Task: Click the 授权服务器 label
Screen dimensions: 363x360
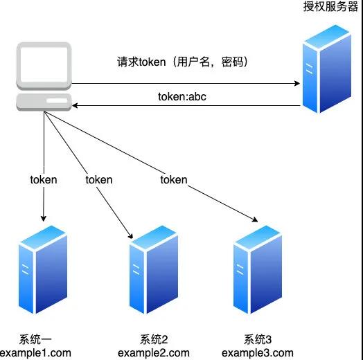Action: click(330, 6)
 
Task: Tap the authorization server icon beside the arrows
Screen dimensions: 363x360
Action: click(327, 69)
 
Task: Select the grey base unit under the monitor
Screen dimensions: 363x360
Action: click(44, 102)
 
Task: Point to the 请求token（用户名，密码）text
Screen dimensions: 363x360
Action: click(182, 62)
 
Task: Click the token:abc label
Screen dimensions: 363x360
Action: click(182, 97)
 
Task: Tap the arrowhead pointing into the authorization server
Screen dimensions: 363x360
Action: click(297, 83)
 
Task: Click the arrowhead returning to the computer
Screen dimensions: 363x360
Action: click(75, 106)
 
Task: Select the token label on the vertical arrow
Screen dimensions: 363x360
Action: click(44, 180)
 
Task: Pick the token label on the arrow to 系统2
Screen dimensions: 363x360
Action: click(99, 180)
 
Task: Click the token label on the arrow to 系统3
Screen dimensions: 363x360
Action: click(174, 180)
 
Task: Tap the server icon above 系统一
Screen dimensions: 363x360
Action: click(43, 269)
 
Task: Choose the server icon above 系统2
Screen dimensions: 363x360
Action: click(154, 269)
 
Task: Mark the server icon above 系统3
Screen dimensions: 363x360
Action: click(258, 269)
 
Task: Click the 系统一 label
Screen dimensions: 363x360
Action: click(35, 339)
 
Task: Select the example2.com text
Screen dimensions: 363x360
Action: click(154, 353)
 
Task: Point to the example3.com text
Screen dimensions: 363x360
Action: click(258, 353)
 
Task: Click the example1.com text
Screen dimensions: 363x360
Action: click(35, 353)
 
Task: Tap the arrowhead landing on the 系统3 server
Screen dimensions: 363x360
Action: click(255, 219)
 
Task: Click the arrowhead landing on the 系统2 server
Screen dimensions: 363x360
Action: click(130, 235)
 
